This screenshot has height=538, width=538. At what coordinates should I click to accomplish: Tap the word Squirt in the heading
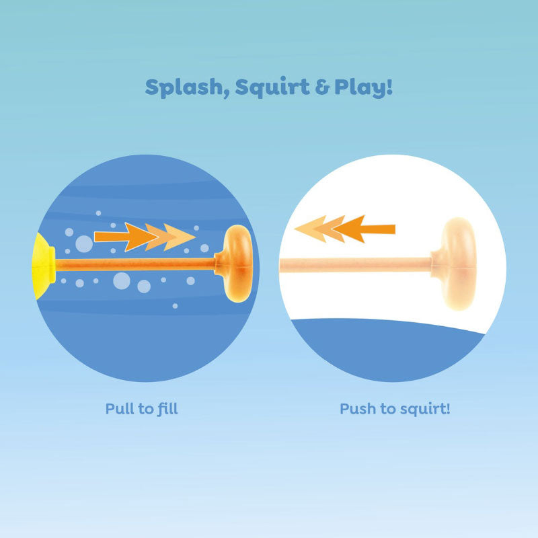(x=263, y=87)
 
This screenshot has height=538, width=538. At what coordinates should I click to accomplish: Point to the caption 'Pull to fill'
(x=141, y=408)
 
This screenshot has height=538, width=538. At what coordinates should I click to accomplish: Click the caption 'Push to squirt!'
(x=395, y=408)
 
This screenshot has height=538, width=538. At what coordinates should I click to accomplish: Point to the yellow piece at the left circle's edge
(x=45, y=262)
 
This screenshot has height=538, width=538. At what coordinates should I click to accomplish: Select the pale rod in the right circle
(x=356, y=265)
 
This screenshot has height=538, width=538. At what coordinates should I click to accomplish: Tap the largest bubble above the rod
(x=83, y=243)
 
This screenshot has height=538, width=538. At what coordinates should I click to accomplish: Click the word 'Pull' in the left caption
(x=118, y=408)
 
